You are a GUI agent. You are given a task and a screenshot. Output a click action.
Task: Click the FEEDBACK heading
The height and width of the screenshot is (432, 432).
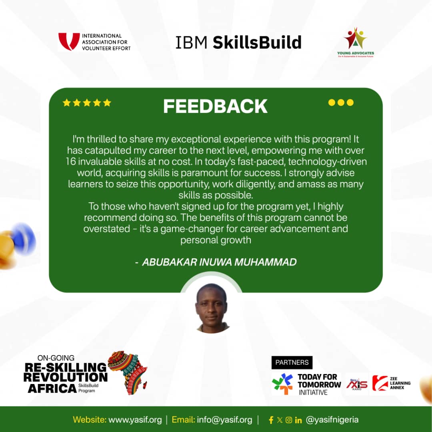pyautogui.click(x=215, y=106)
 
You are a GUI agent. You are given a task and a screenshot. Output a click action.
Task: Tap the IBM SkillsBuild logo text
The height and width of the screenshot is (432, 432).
pyautogui.click(x=238, y=42)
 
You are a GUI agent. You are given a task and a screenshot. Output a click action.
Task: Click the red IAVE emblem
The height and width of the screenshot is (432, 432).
pyautogui.click(x=69, y=41)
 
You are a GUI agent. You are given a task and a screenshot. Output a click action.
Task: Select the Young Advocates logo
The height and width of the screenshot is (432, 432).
pyautogui.click(x=356, y=42)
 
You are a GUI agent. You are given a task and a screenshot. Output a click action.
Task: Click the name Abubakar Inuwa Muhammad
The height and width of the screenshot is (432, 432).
pyautogui.click(x=219, y=262)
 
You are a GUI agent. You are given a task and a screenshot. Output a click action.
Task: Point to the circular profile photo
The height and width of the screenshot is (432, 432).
pyautogui.click(x=211, y=308)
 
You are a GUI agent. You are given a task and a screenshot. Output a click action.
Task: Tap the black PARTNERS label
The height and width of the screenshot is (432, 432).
pyautogui.click(x=292, y=362)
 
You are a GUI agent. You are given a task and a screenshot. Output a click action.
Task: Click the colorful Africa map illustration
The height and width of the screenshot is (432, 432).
pyautogui.click(x=128, y=372)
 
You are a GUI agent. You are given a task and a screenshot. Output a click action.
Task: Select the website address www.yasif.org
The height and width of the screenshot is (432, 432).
pyautogui.click(x=135, y=420)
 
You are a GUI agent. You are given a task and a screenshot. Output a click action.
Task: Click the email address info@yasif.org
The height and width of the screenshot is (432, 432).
pyautogui.click(x=224, y=420)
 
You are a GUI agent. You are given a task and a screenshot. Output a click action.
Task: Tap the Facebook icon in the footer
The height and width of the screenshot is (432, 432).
pyautogui.click(x=271, y=420)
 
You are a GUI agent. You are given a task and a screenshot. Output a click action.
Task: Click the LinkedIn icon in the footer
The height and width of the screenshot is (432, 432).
pyautogui.click(x=298, y=420)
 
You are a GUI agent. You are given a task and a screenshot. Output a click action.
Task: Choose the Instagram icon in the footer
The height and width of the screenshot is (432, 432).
pyautogui.click(x=289, y=420)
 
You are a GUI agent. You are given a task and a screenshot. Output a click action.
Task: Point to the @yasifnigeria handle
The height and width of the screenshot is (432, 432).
pyautogui.click(x=332, y=420)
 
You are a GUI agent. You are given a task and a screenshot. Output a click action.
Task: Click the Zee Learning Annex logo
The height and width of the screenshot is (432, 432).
pyautogui.click(x=392, y=383)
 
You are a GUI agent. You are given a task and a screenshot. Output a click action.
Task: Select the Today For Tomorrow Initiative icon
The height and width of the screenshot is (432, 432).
pyautogui.click(x=282, y=384)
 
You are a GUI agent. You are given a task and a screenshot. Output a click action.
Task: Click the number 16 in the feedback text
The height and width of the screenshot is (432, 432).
pyautogui.click(x=70, y=162)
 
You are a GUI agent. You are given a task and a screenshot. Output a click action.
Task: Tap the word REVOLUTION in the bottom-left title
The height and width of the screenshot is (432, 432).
pyautogui.click(x=66, y=378)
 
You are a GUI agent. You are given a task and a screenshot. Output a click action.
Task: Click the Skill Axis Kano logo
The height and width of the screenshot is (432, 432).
pyautogui.click(x=357, y=384)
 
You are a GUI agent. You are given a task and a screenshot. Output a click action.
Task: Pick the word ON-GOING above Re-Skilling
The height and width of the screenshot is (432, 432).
pyautogui.click(x=56, y=358)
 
